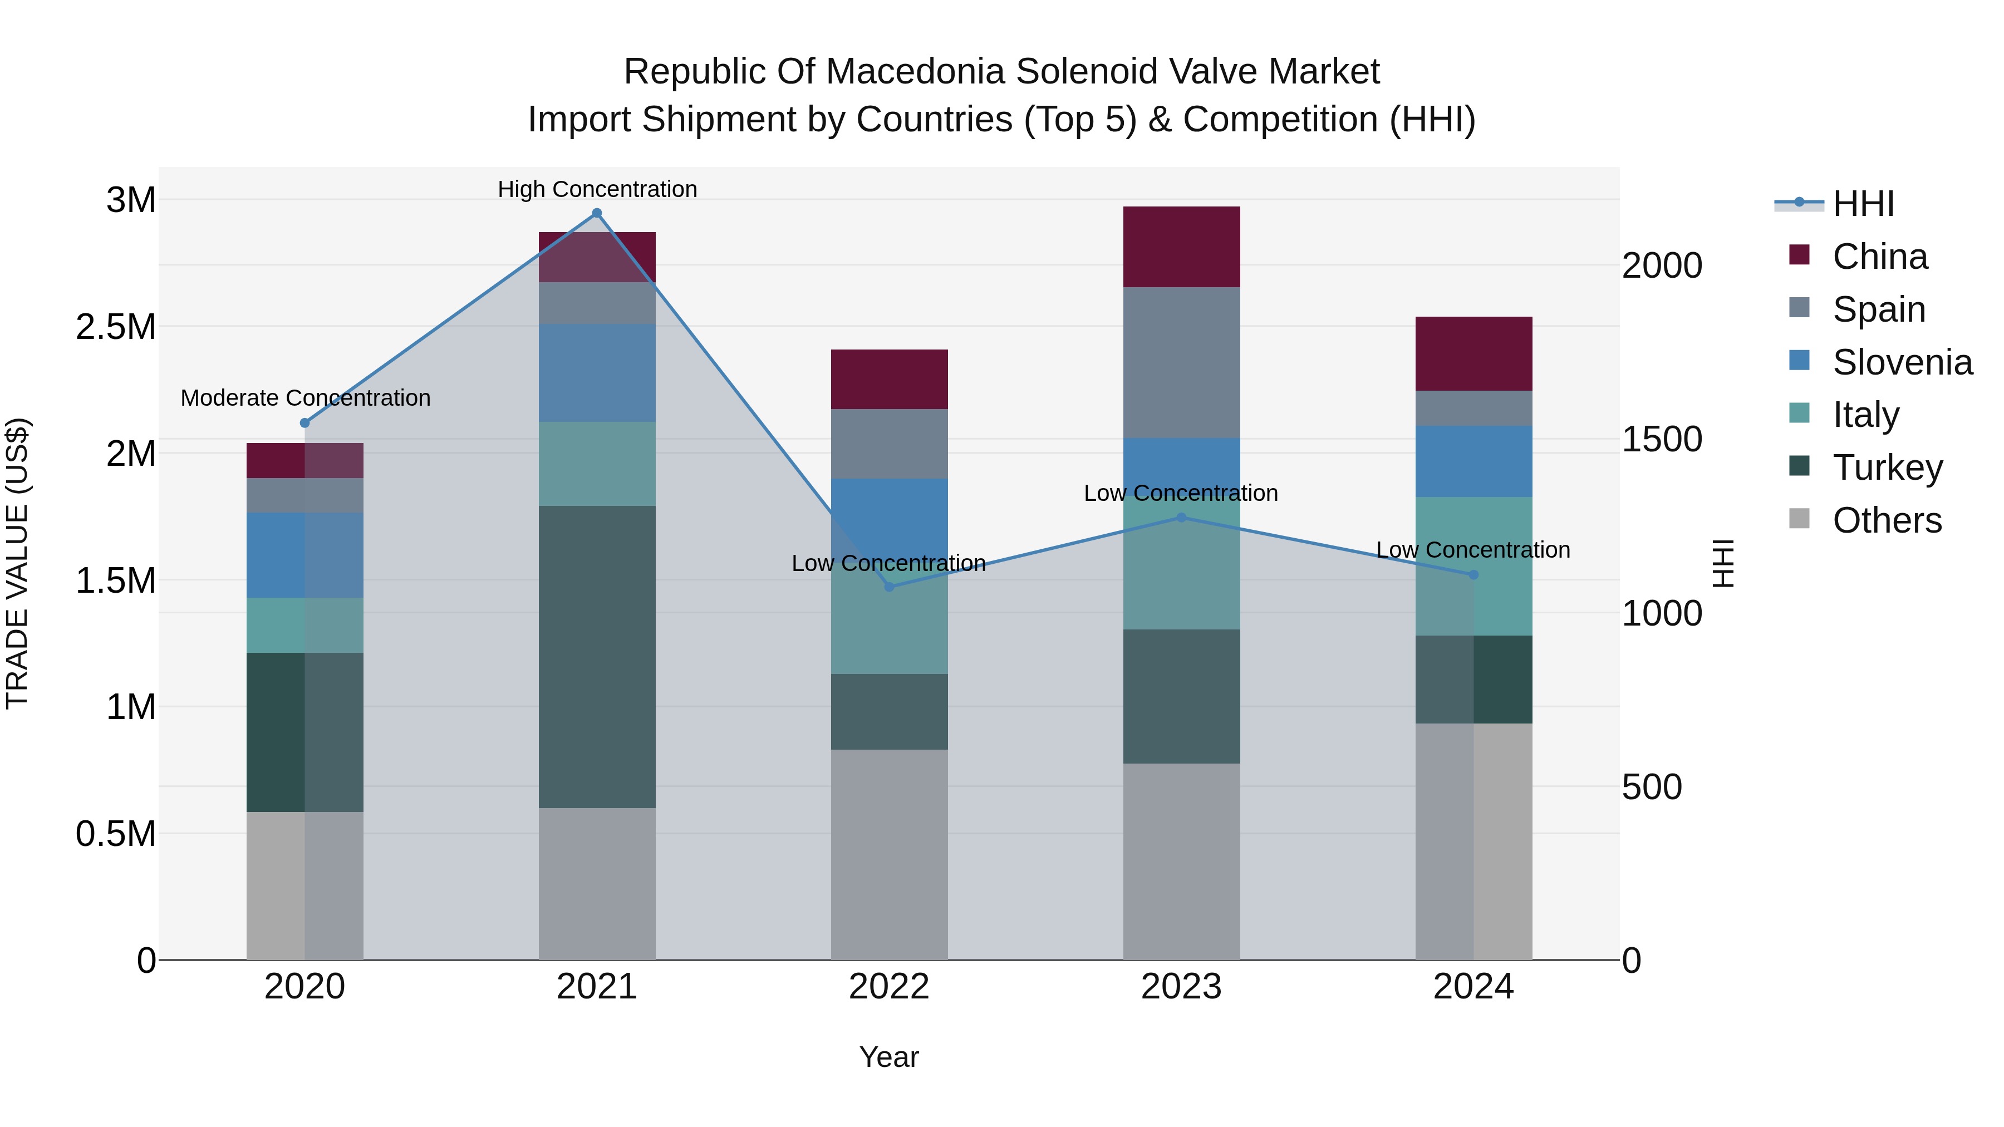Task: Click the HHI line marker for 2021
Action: [597, 213]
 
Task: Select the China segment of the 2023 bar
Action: [1181, 247]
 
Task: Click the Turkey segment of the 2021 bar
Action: [597, 657]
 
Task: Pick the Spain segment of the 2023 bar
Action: [1181, 362]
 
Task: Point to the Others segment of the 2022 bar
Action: [889, 854]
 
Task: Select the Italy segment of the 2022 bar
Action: [889, 622]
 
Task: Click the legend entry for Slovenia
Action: [1902, 362]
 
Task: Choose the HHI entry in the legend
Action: [1863, 204]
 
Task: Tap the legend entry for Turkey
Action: [1887, 467]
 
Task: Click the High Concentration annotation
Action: [597, 189]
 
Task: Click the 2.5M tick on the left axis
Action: [116, 327]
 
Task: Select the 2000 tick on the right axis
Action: [1662, 265]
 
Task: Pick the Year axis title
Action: [888, 1057]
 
